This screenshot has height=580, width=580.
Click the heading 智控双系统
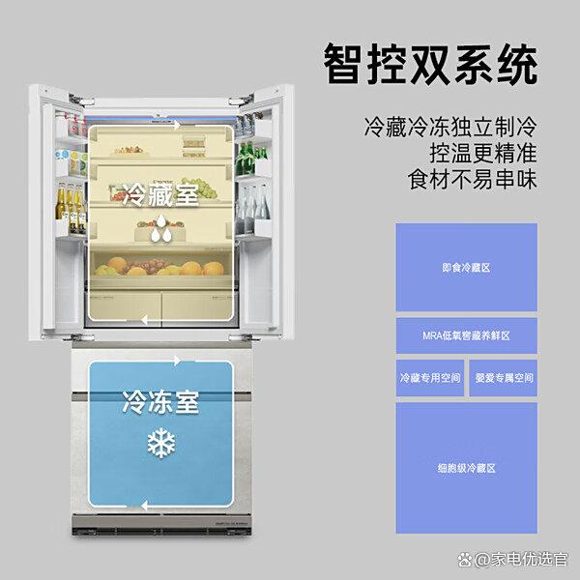click(x=430, y=65)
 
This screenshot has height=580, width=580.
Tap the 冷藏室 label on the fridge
click(x=160, y=194)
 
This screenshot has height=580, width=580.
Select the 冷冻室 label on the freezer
click(x=160, y=401)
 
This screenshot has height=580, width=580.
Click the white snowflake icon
click(x=161, y=443)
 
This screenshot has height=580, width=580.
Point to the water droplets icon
click(x=161, y=228)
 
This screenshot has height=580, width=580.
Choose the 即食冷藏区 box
click(x=467, y=267)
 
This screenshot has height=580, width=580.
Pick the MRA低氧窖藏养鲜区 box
click(x=467, y=335)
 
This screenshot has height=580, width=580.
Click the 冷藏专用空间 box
click(x=430, y=378)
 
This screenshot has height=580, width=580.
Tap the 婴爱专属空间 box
click(x=504, y=378)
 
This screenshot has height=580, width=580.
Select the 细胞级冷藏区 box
click(x=467, y=468)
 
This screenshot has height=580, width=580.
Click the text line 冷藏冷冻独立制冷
click(x=450, y=127)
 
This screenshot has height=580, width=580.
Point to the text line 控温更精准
click(x=483, y=153)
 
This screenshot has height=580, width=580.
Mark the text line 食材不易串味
click(x=473, y=180)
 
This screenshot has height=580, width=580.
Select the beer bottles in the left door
click(x=71, y=209)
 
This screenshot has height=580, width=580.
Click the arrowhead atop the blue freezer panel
click(x=178, y=361)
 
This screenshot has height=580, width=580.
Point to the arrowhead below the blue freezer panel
click(x=145, y=506)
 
